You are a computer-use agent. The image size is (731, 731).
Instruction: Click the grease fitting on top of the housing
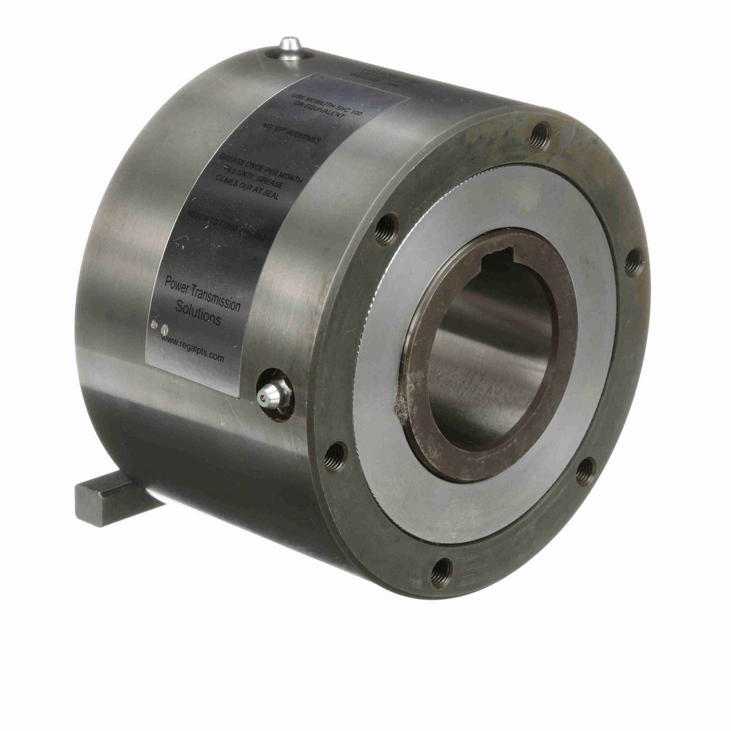click(289, 48)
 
